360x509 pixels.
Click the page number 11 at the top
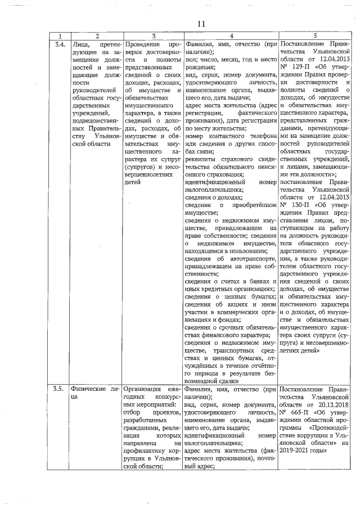point(202,24)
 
